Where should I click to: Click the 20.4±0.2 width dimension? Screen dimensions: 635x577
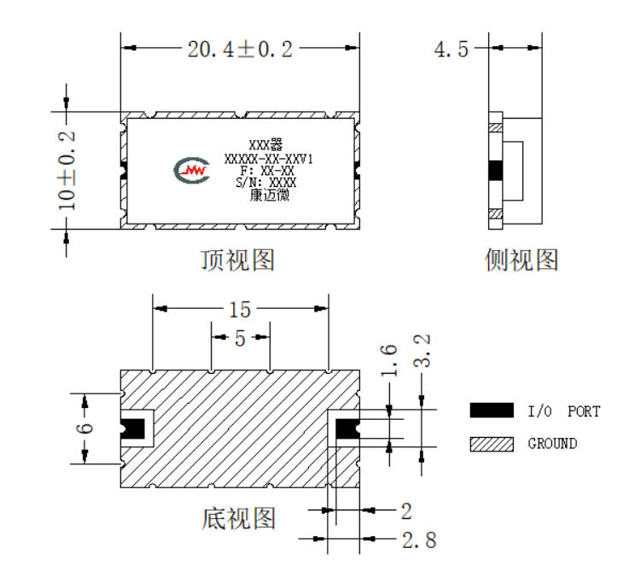tap(240, 50)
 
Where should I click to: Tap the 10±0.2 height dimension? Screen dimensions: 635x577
tap(67, 171)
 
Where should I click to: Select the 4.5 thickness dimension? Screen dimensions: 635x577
tap(451, 50)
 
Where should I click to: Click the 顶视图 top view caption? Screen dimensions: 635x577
tap(238, 260)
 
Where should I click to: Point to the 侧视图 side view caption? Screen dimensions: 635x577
tap(521, 260)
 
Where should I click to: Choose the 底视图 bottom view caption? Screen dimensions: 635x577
tap(239, 519)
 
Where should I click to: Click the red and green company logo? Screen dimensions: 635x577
tap(192, 171)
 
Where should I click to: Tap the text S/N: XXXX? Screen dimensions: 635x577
tap(266, 183)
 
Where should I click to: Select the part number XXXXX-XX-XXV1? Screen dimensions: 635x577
tap(269, 159)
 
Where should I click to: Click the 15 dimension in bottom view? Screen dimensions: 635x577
tap(240, 310)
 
